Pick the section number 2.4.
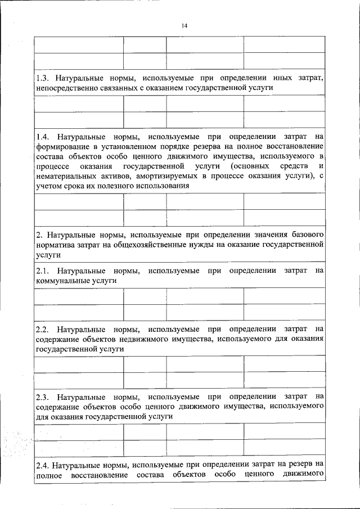[x=43, y=465]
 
